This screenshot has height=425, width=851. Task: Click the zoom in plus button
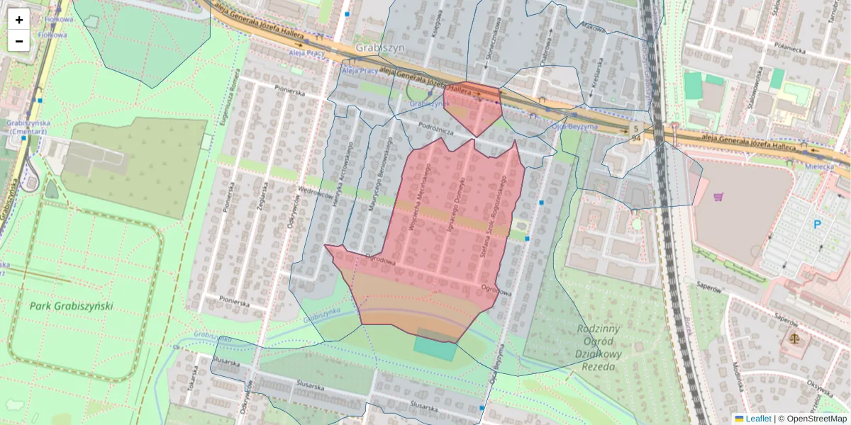coord(19,20)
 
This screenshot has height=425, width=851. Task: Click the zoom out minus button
coord(19,41)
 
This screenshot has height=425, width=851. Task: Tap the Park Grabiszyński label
coord(71,307)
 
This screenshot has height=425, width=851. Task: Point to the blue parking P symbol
coord(817,225)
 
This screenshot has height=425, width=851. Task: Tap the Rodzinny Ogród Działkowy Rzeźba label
coord(599,347)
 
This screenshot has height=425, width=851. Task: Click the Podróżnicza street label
coord(436,125)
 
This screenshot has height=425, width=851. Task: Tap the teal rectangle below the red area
coord(435,348)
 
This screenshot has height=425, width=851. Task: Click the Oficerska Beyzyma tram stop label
coord(574,126)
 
